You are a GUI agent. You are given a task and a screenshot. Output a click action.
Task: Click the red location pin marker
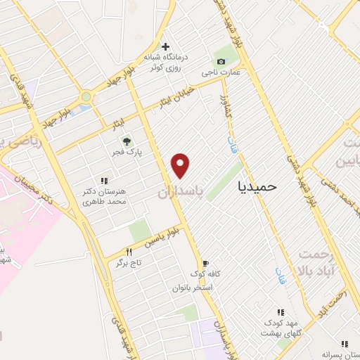(181, 165)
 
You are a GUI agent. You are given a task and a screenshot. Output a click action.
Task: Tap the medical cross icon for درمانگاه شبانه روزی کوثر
(165, 46)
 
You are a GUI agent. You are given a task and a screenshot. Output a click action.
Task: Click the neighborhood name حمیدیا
(258, 186)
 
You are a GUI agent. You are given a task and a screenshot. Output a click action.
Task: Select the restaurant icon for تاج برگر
(129, 252)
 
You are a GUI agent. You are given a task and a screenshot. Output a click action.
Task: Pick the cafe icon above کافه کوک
(205, 263)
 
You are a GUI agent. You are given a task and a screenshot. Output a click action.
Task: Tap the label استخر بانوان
(191, 288)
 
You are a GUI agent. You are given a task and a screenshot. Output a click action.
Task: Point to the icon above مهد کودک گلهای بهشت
(280, 312)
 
